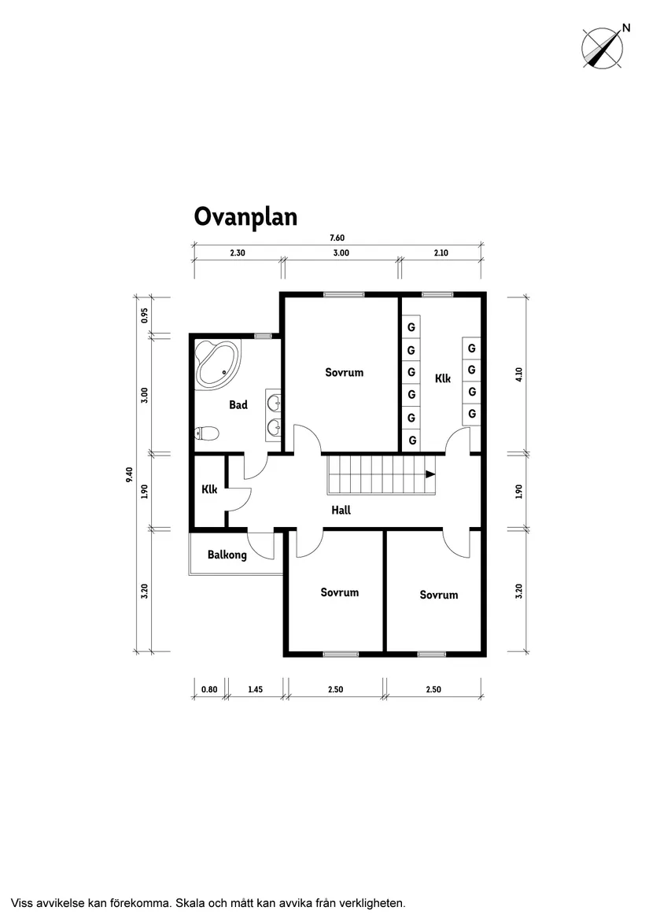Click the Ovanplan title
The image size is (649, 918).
245,216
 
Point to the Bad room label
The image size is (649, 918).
238,405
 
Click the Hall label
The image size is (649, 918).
341,510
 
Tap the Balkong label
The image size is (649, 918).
227,555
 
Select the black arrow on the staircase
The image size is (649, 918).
430,474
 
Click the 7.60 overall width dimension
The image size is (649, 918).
337,238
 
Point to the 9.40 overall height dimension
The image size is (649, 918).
129,475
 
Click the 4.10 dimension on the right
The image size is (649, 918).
519,374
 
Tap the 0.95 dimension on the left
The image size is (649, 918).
145,315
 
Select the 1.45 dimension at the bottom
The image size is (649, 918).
255,689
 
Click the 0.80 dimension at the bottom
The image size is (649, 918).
209,689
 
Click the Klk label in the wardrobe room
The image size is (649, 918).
443,378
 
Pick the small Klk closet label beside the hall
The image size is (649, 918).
209,489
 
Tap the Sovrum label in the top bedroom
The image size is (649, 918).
345,372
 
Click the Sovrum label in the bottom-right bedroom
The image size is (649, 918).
438,595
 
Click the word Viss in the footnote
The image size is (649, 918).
24,902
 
